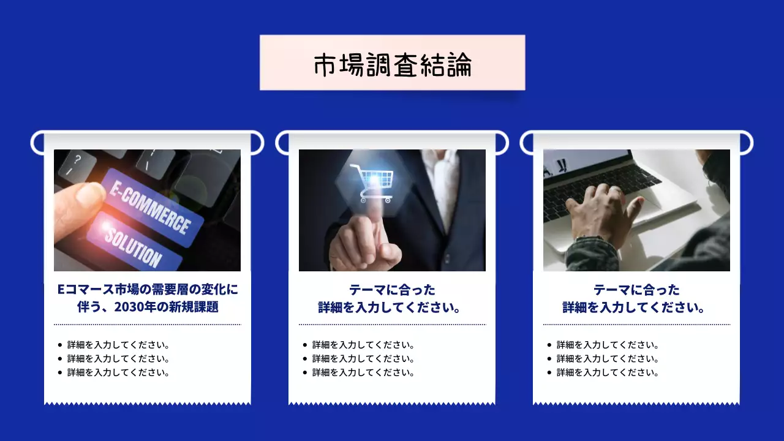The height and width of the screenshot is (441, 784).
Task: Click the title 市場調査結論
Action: coord(392,63)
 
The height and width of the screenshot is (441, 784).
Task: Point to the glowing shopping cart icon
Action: coord(372,181)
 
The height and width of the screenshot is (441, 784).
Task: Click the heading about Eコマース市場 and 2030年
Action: coord(147,298)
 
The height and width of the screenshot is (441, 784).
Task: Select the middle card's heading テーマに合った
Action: coord(392,290)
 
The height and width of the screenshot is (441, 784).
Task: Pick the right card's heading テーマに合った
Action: coord(636,290)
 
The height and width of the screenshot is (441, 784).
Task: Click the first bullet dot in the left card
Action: coord(59,345)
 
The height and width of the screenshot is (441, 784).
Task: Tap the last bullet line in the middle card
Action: coord(363,372)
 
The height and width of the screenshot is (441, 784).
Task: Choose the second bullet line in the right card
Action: coord(608,359)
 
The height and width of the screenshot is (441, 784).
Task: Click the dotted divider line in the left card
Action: coord(147,325)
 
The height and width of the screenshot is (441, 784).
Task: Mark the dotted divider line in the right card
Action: coord(636,325)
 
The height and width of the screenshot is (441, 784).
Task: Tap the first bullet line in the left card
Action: coord(118,345)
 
